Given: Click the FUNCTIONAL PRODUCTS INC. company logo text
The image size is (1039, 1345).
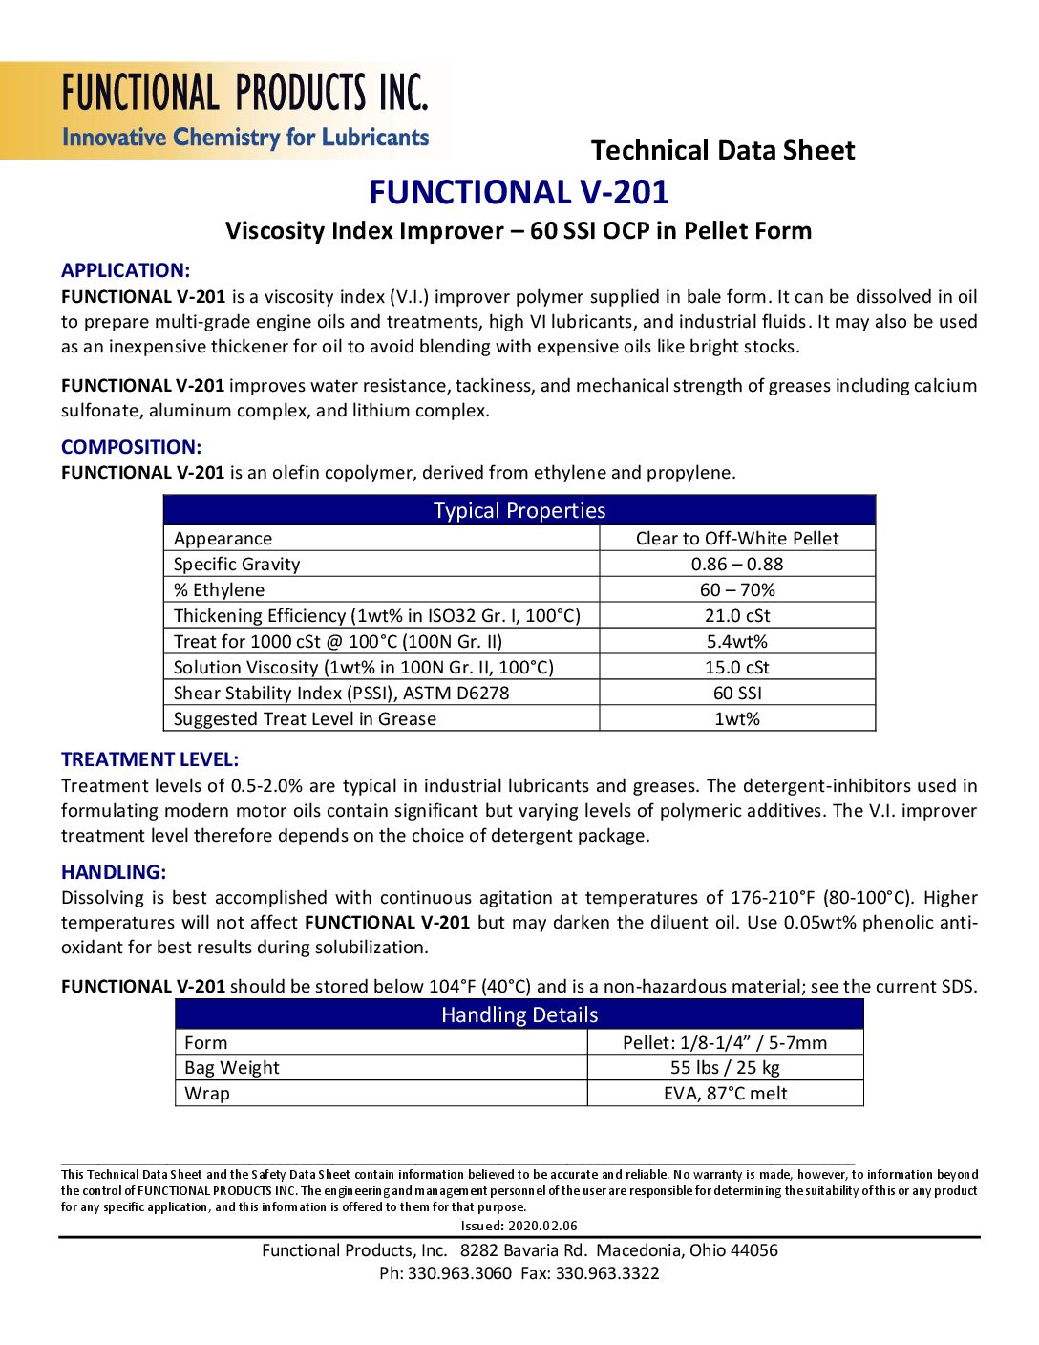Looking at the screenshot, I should click(245, 94).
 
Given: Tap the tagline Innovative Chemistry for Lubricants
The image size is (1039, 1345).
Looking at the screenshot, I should click(245, 138).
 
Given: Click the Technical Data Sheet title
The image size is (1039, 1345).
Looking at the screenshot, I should click(723, 150).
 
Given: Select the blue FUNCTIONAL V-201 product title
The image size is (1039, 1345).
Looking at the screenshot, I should click(519, 192).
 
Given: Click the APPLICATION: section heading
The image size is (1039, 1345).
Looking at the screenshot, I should click(125, 270).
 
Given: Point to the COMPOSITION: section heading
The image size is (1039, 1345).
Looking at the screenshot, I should click(131, 447).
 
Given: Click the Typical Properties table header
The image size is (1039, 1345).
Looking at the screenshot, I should click(519, 510).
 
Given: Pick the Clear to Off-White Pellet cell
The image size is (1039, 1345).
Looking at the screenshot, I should click(737, 538).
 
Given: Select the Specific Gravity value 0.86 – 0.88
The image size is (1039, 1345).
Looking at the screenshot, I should click(737, 564).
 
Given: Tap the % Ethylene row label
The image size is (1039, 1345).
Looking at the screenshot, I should click(219, 589).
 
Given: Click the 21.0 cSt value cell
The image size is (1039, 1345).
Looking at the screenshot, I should click(737, 615).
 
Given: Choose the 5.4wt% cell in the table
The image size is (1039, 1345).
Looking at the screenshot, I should click(737, 641).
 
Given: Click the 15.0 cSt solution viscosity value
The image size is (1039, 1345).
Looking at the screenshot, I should click(737, 667).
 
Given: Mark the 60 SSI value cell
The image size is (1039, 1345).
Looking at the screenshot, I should click(737, 693).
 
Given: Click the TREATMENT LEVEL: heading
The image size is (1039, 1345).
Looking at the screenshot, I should click(150, 759).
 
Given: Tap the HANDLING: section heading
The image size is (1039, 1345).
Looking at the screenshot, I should click(114, 872).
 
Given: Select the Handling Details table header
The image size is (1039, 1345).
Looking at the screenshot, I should click(519, 1014).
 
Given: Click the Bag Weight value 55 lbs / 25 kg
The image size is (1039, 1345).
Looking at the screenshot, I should click(725, 1067).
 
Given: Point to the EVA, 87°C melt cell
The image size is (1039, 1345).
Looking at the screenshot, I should click(725, 1093).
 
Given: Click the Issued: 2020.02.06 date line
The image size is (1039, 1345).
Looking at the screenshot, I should click(519, 1226).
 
